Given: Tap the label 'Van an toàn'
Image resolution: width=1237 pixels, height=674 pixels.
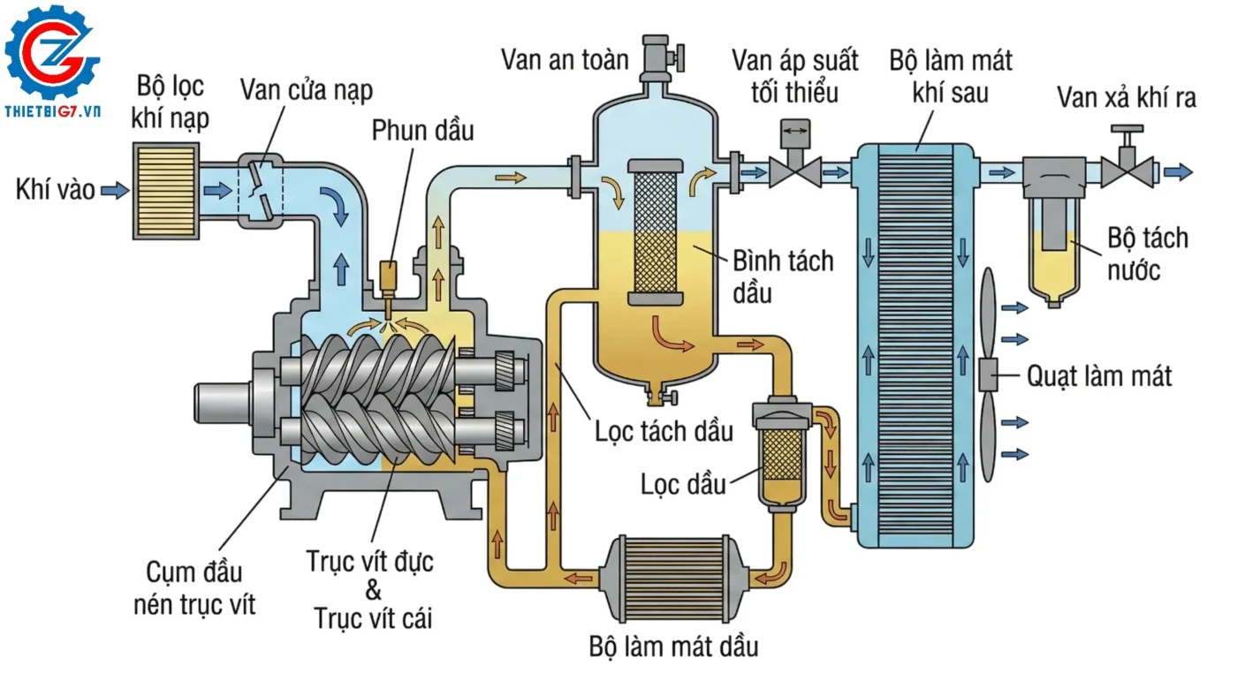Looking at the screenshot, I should [565, 59].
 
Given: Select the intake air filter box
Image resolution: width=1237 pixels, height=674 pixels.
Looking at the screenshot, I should [166, 190].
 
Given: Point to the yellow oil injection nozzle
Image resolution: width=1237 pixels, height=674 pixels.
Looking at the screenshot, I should [386, 280].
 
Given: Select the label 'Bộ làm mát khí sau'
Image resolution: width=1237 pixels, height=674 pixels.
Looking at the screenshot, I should [951, 76].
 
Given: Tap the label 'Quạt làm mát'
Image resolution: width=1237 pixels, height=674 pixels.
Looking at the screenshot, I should [1098, 376].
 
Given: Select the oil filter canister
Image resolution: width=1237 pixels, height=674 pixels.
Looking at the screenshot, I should [780, 455].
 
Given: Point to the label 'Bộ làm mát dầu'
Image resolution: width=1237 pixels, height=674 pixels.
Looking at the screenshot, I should [673, 646].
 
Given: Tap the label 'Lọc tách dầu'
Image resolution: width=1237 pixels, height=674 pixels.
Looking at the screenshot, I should [664, 431].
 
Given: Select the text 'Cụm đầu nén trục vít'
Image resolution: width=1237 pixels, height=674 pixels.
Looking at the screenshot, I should [194, 587].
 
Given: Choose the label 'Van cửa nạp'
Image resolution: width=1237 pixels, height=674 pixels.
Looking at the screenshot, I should [306, 90].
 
